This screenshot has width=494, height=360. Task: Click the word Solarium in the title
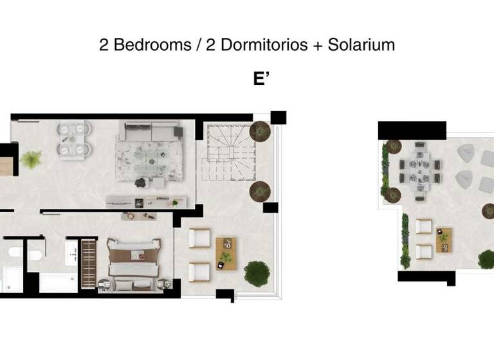(361, 45)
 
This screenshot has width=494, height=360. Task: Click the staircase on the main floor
(230, 152)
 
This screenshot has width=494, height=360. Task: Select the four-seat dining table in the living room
(74, 139)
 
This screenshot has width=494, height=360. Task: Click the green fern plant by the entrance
(31, 159)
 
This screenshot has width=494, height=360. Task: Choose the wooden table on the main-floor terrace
(226, 253)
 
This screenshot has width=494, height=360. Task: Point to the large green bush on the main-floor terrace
(257, 273)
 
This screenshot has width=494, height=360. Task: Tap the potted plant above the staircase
(260, 131)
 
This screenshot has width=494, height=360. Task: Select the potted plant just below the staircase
(260, 191)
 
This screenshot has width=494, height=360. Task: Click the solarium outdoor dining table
(420, 168)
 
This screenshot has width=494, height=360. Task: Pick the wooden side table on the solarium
(444, 239)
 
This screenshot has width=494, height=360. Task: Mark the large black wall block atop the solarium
(412, 130)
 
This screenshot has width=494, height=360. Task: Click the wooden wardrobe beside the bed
(89, 264)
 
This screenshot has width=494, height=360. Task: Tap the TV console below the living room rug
(147, 201)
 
